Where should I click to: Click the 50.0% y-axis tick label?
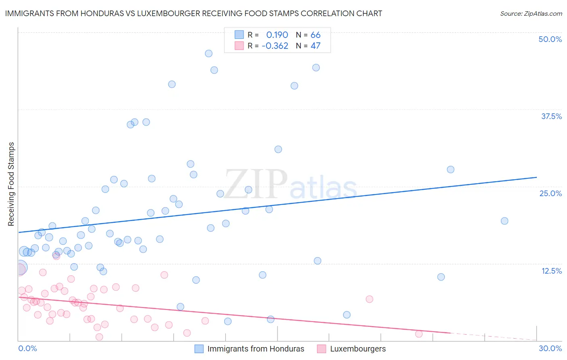550,39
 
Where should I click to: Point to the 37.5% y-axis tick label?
551,116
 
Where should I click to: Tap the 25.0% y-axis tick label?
550,193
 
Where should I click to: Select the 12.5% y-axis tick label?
551,271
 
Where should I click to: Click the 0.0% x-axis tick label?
27,348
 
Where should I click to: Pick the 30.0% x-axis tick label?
550,348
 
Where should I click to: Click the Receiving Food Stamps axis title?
11,184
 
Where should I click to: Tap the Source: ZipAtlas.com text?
531,14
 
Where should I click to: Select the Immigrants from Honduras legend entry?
256,349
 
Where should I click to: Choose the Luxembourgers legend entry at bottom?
358,349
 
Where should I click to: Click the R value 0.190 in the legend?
277,35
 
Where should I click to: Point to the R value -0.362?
275,46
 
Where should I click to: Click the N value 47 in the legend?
315,46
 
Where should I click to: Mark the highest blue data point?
208,54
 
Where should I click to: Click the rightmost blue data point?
504,221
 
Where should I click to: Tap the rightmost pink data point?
419,334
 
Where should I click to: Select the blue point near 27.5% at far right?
451,170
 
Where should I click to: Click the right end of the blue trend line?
536,177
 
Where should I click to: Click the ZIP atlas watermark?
290,185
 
